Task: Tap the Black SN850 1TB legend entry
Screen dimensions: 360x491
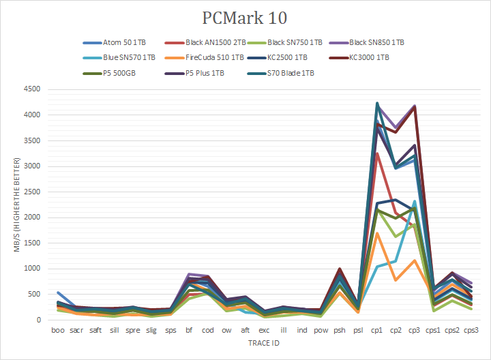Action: (376, 42)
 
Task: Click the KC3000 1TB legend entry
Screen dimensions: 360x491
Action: (369, 57)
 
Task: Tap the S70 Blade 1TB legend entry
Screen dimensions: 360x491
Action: (289, 73)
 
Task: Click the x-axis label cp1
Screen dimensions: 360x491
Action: (376, 330)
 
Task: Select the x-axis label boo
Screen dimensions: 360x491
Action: (58, 330)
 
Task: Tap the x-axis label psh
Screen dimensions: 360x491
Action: (339, 330)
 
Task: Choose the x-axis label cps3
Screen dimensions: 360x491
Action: (471, 330)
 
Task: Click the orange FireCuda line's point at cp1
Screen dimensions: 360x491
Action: (376, 233)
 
